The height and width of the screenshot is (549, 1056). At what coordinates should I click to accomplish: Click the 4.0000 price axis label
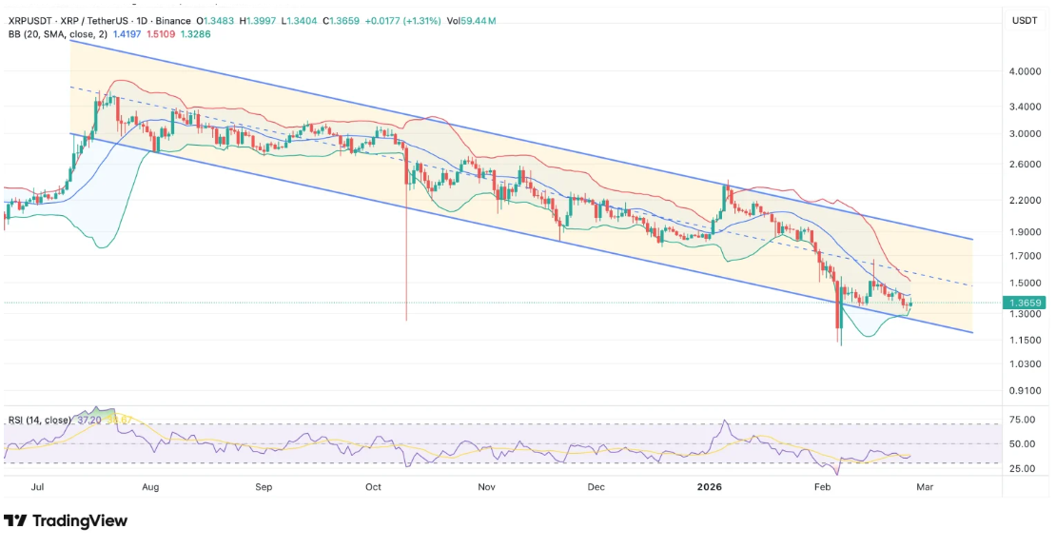1025,71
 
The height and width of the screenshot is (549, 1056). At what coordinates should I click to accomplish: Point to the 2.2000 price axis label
1025,200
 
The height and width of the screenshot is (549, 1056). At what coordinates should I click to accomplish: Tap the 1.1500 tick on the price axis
1025,340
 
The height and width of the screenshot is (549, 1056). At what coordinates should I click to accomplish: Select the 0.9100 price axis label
1025,390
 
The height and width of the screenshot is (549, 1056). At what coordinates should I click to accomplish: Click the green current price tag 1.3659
1026,303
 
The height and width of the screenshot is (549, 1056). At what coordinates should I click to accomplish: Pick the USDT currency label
1025,20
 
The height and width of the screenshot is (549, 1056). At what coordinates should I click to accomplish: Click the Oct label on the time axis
373,486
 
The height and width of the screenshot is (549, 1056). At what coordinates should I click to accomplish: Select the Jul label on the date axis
38,486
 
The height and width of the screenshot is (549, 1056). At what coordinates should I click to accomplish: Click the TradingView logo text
79,520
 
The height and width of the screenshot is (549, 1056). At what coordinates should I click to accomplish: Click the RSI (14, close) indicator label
38,420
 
